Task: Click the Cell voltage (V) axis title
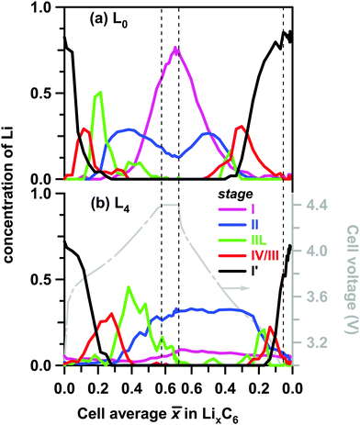[347, 284]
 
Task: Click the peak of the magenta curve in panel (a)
[174, 48]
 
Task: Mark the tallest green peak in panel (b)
[103, 288]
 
